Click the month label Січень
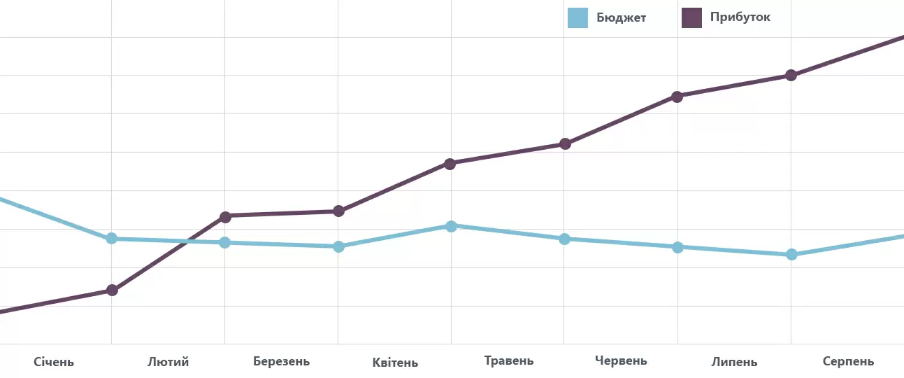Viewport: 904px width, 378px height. [x=54, y=362]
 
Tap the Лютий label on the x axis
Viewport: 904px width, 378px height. [x=168, y=362]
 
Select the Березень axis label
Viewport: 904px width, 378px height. [x=281, y=362]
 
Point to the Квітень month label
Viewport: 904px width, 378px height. [x=395, y=363]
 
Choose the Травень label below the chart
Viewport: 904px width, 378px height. [x=508, y=361]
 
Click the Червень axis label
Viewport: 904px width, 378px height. [x=621, y=361]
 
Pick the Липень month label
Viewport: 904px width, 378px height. [x=734, y=362]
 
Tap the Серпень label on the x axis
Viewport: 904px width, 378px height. [x=848, y=362]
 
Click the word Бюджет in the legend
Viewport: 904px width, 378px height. [x=621, y=17]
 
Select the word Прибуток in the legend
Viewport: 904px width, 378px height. [x=740, y=17]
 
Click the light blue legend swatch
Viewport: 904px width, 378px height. [x=577, y=17]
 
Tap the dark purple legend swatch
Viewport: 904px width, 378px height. [x=691, y=17]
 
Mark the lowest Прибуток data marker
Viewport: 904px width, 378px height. [x=112, y=290]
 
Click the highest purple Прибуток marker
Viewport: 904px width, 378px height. [x=791, y=75]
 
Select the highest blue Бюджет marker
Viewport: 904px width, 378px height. [x=451, y=226]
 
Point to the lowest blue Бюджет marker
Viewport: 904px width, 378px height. [x=791, y=254]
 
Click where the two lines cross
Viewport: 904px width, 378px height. [x=185, y=241]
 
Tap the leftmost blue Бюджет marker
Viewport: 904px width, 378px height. [x=111, y=239]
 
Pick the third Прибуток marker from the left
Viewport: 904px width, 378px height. [x=338, y=211]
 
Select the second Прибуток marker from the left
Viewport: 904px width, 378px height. [x=225, y=216]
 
